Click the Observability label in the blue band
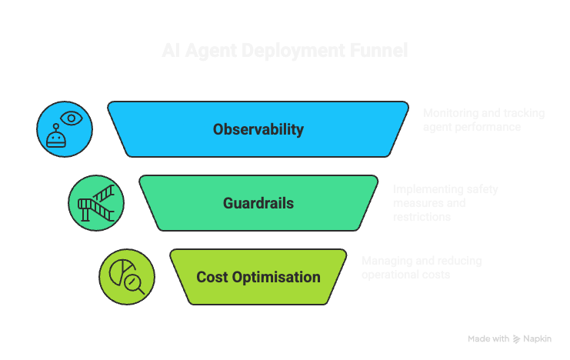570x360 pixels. tap(258, 129)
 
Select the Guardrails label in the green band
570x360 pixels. tap(258, 203)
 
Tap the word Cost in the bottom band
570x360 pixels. tap(212, 277)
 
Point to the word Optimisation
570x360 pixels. tap(276, 277)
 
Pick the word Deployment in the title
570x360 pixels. tap(296, 51)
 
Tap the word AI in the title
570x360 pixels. tap(173, 51)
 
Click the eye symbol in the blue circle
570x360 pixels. tap(72, 118)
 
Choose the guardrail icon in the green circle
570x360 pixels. tap(96, 203)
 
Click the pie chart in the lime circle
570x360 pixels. tap(120, 270)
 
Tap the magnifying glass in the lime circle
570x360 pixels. tap(135, 284)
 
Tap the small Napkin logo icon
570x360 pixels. tap(516, 338)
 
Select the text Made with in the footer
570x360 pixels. tap(488, 338)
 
